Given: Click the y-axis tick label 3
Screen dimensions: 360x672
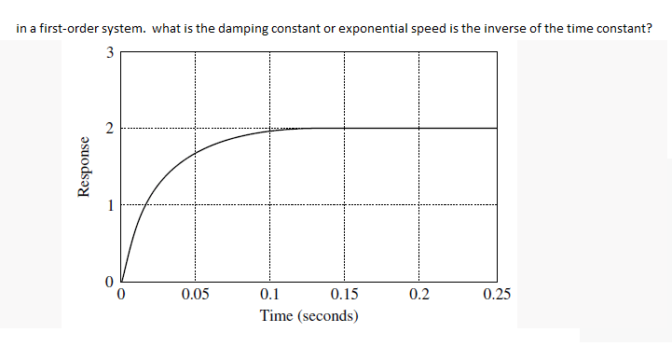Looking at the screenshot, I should point(109,52).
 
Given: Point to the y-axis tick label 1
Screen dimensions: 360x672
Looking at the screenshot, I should point(109,206).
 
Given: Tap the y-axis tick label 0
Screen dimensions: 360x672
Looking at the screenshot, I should point(109,281).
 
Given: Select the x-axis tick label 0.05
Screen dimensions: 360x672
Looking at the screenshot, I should point(195,298).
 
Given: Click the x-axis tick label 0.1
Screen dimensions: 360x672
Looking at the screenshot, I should point(269,298).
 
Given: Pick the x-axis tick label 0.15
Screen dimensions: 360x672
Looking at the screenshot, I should point(344,298).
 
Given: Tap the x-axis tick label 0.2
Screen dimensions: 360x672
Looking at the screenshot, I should point(418,298).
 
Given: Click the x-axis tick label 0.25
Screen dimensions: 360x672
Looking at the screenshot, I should point(497,298).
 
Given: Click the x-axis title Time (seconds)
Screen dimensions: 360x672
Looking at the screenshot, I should point(309,316).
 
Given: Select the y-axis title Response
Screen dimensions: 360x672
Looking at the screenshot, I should point(86,167).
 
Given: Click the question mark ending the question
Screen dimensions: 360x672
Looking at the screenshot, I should point(648,28).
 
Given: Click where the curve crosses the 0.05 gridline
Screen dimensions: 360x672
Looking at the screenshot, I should point(195,153).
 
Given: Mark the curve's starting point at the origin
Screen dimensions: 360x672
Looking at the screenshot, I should point(121,281).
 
